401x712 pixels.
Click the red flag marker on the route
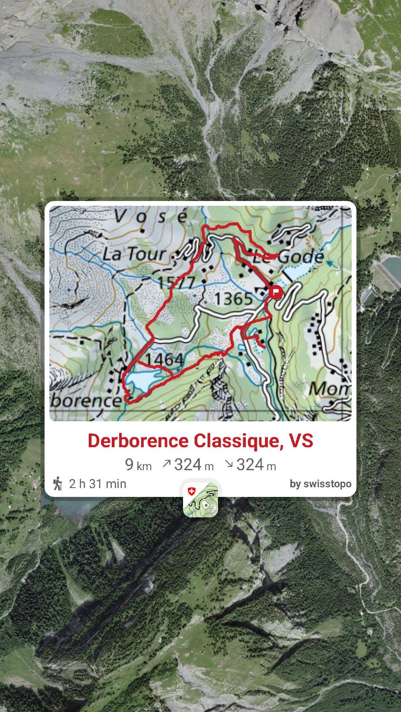(x=276, y=292)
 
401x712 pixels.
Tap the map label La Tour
(x=134, y=255)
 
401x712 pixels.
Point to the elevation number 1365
(x=234, y=299)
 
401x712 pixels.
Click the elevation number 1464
(x=164, y=359)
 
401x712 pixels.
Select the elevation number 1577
(x=176, y=283)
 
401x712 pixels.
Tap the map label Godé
(x=301, y=257)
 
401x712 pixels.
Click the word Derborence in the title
(x=138, y=441)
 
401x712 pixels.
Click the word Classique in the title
(x=237, y=441)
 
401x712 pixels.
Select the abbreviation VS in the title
(x=301, y=441)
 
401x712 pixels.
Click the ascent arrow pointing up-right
(x=167, y=464)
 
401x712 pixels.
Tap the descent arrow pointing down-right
(x=229, y=464)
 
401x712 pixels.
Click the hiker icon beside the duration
(x=58, y=484)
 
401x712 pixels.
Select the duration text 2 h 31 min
(x=98, y=484)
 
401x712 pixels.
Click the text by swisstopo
(x=320, y=484)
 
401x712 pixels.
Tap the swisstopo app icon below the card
(x=200, y=499)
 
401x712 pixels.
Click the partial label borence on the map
(x=86, y=400)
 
